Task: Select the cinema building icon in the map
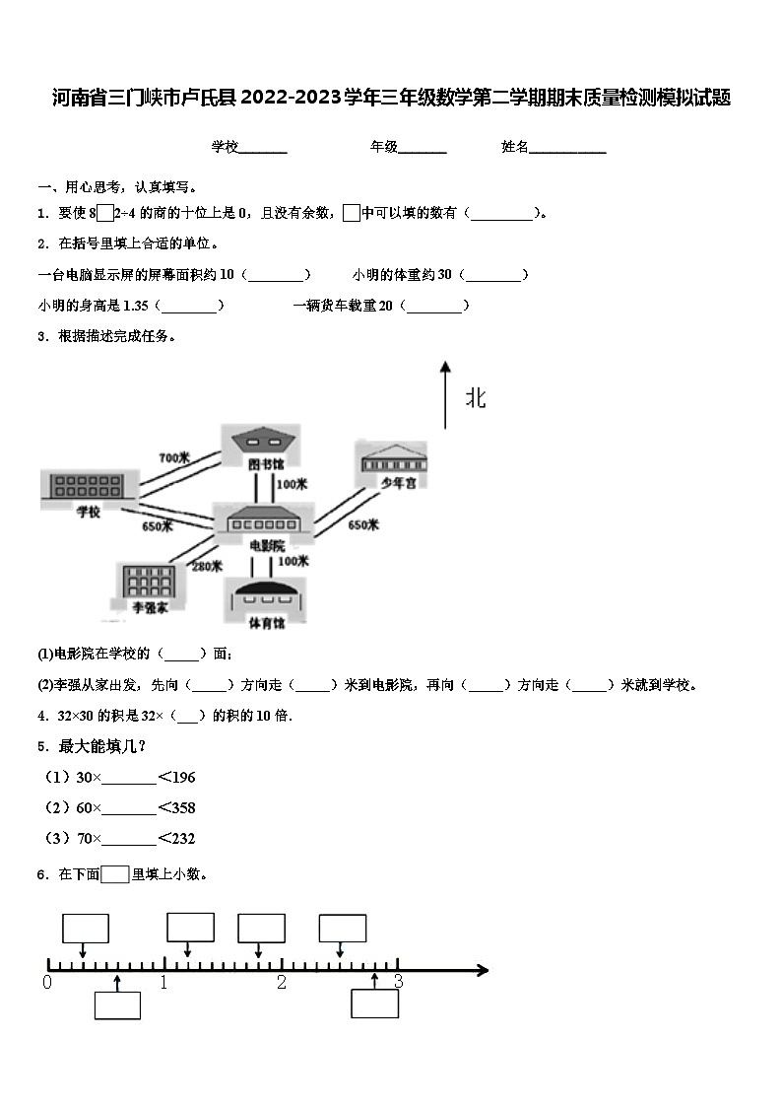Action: [x=264, y=519]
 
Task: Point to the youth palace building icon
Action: [x=392, y=459]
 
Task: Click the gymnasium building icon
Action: [x=266, y=595]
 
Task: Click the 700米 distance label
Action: [x=173, y=457]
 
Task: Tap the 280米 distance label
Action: [x=206, y=565]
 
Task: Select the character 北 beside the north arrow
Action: [x=476, y=398]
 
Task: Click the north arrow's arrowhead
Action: [x=445, y=367]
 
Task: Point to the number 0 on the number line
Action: [x=47, y=983]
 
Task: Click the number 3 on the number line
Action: [x=398, y=982]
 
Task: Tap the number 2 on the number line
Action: [x=282, y=983]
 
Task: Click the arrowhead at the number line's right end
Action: [x=482, y=970]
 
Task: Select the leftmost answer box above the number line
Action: [x=86, y=929]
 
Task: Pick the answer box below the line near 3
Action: [x=375, y=1003]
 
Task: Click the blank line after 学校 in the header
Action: [x=263, y=148]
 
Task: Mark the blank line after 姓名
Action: [x=568, y=148]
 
